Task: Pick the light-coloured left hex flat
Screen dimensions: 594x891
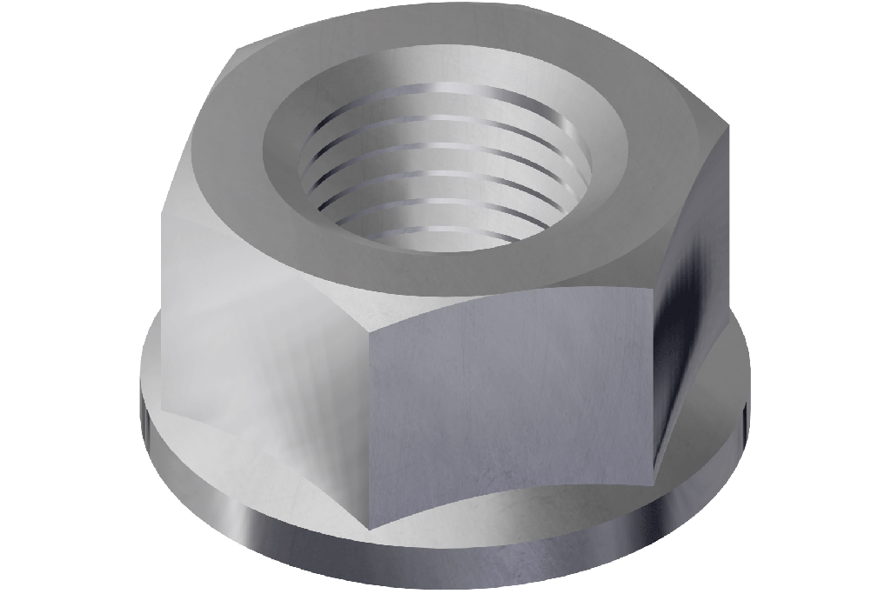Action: (261, 348)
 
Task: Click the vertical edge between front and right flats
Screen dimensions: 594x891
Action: (653, 383)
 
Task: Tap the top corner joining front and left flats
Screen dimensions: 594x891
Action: (371, 331)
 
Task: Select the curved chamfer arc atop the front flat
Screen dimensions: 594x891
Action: (513, 304)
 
